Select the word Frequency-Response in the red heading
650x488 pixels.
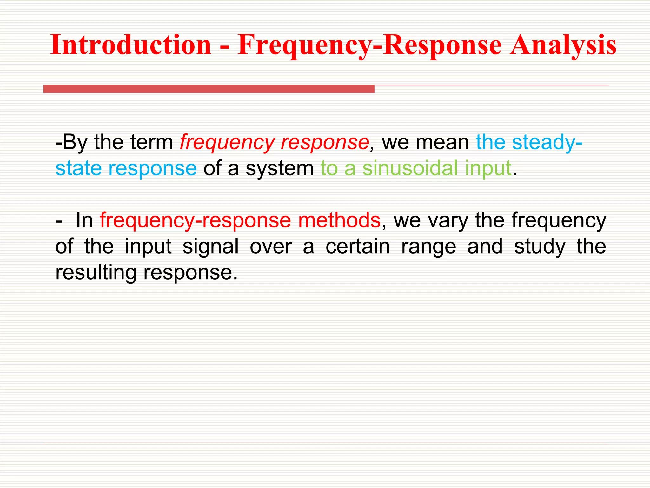pyautogui.click(x=369, y=45)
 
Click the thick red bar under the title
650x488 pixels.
pyautogui.click(x=209, y=89)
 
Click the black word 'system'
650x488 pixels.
pyautogui.click(x=280, y=168)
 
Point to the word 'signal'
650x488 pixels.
pyautogui.click(x=210, y=247)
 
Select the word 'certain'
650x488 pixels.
pyautogui.click(x=358, y=247)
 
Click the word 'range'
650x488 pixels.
pyautogui.click(x=428, y=247)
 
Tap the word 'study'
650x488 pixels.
pyautogui.click(x=540, y=247)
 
